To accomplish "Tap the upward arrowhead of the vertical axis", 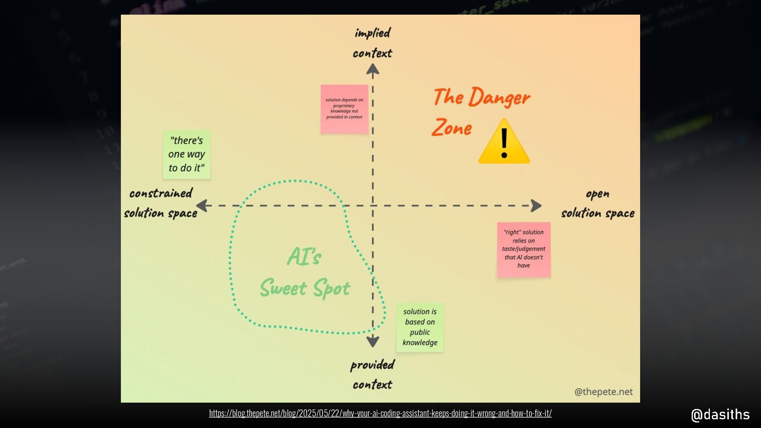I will click(373, 70).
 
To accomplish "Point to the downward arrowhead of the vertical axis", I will click(373, 341).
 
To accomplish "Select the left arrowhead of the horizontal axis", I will click(202, 206).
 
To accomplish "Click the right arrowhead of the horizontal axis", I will click(536, 206).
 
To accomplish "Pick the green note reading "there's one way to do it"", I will click(186, 155).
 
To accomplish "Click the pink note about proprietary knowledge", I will click(344, 109).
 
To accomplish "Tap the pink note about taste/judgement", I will click(524, 249).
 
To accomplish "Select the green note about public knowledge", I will click(420, 327).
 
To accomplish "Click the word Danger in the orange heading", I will click(499, 97).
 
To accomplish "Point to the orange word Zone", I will click(452, 128).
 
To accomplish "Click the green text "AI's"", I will click(304, 256).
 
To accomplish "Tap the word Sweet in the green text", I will click(283, 288).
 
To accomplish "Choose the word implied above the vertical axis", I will click(373, 33).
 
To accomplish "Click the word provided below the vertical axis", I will click(372, 365).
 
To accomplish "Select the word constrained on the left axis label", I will click(161, 193).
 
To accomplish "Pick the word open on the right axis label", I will click(597, 194).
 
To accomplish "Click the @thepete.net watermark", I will click(603, 392).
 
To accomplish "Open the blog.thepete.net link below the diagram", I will click(380, 413).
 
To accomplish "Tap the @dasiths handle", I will click(720, 415).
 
